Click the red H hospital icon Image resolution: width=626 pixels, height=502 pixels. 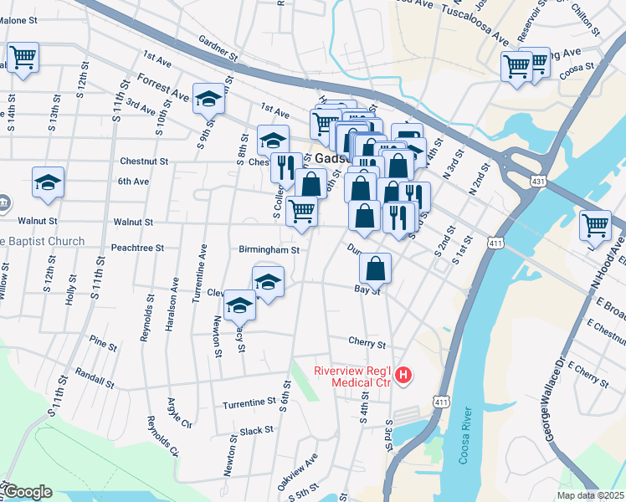404,376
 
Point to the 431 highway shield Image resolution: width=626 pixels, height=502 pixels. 537,181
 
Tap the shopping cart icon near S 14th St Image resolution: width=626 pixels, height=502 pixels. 23,59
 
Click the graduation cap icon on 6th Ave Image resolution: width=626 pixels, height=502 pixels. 49,183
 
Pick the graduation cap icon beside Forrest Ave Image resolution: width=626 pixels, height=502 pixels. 208,100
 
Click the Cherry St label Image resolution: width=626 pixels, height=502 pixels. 367,344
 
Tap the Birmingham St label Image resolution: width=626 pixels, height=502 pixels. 269,249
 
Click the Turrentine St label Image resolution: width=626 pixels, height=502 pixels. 249,403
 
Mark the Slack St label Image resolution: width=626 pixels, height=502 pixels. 256,431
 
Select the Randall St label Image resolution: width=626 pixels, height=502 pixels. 94,376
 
